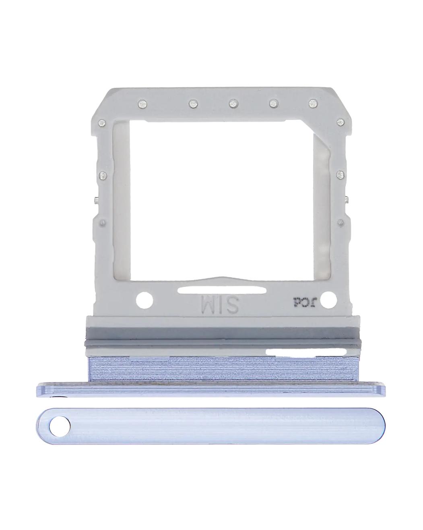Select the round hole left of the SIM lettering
(144, 300)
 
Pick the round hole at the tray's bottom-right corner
(329, 299)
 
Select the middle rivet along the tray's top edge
(233, 104)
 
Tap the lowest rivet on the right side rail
(341, 222)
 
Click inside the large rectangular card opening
(221, 193)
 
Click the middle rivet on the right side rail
(341, 175)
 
